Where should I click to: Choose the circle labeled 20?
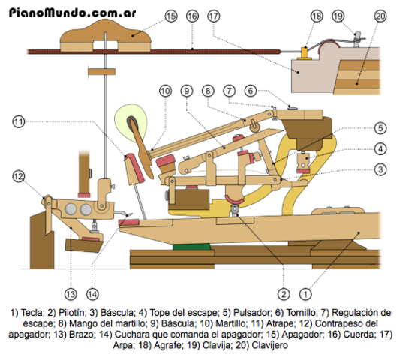point(380,16)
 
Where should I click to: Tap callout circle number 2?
point(284,293)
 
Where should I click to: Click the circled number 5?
point(381,127)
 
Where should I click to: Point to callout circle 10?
point(165,90)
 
